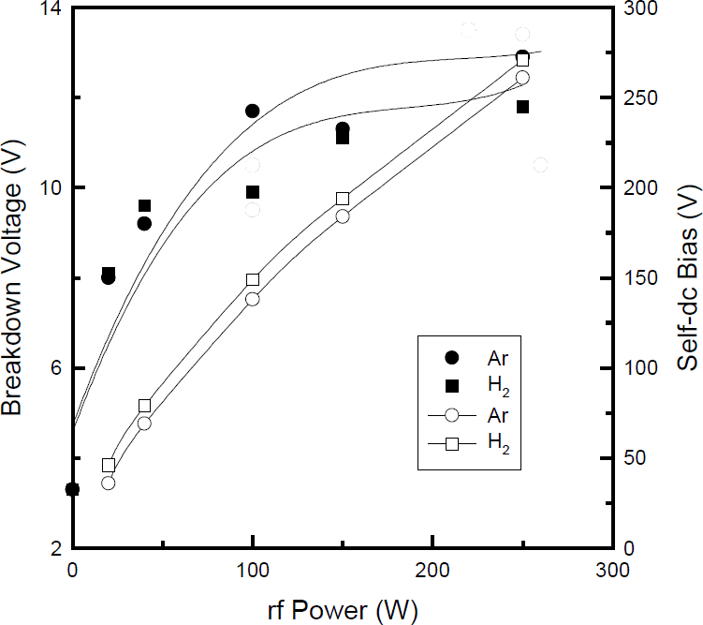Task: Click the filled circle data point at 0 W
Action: (x=72, y=489)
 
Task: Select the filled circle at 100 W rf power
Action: (x=252, y=111)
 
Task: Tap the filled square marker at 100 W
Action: (x=253, y=192)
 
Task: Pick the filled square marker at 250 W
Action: (x=522, y=107)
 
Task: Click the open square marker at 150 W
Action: (x=343, y=199)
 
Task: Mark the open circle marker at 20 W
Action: (x=108, y=483)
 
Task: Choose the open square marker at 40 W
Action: (x=144, y=406)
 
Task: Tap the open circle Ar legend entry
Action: (x=452, y=415)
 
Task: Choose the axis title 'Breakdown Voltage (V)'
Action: (x=13, y=282)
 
